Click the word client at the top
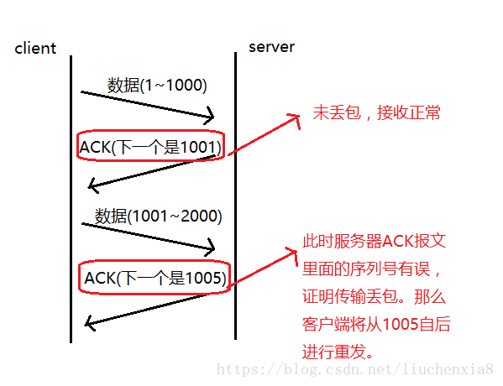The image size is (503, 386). coord(35,48)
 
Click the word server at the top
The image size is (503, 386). coord(271,46)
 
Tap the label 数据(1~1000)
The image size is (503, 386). coord(157,85)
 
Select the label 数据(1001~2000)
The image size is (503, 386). coord(158,216)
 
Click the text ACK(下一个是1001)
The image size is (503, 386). coord(150,148)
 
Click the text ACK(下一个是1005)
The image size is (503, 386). coord(155,277)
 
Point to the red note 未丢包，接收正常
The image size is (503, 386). coord(376,112)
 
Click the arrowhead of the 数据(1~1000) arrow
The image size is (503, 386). coord(211,117)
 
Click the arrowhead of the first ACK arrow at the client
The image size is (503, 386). coord(92,185)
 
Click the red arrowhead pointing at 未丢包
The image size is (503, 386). coord(296,120)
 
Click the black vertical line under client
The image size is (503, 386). coord(71,201)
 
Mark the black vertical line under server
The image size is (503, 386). coord(236,201)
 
